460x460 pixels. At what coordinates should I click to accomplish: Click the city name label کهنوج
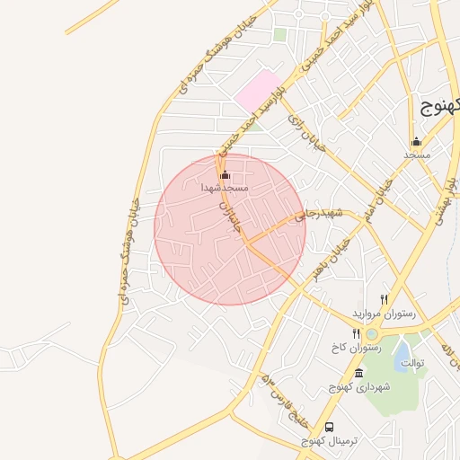tap(440, 107)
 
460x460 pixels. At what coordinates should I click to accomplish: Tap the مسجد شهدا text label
tap(225, 189)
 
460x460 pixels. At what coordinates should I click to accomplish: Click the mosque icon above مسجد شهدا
tap(225, 174)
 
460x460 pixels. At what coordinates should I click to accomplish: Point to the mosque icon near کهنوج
tap(415, 142)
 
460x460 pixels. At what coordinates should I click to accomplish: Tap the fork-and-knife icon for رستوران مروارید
tap(384, 299)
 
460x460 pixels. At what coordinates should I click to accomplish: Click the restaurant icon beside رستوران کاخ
tap(357, 333)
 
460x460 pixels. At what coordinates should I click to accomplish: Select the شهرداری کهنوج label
tap(360, 387)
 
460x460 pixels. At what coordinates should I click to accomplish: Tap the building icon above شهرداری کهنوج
tap(359, 373)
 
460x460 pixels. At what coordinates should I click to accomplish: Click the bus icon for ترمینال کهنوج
tap(330, 427)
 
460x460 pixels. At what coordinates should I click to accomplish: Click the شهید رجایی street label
tap(323, 212)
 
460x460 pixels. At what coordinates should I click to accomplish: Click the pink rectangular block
tap(259, 92)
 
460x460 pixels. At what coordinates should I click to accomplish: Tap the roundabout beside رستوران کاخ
tap(372, 333)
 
